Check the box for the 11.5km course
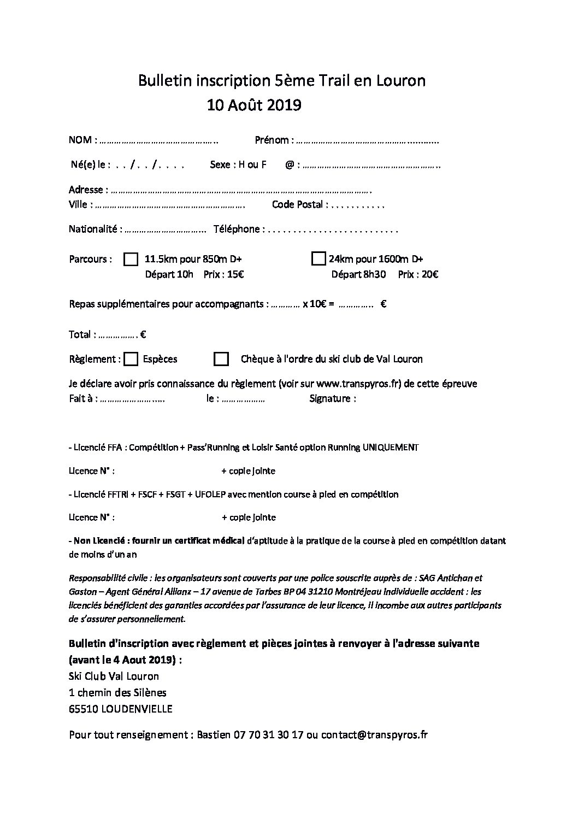pyautogui.click(x=131, y=259)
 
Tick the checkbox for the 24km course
pyautogui.click(x=318, y=258)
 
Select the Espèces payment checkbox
pyautogui.click(x=131, y=359)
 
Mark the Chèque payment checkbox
pyautogui.click(x=221, y=359)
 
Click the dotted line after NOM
pyautogui.click(x=159, y=141)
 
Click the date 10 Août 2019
pyautogui.click(x=253, y=104)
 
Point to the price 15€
pyautogui.click(x=235, y=274)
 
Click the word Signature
pyautogui.click(x=332, y=399)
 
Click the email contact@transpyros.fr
pyautogui.click(x=374, y=735)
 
